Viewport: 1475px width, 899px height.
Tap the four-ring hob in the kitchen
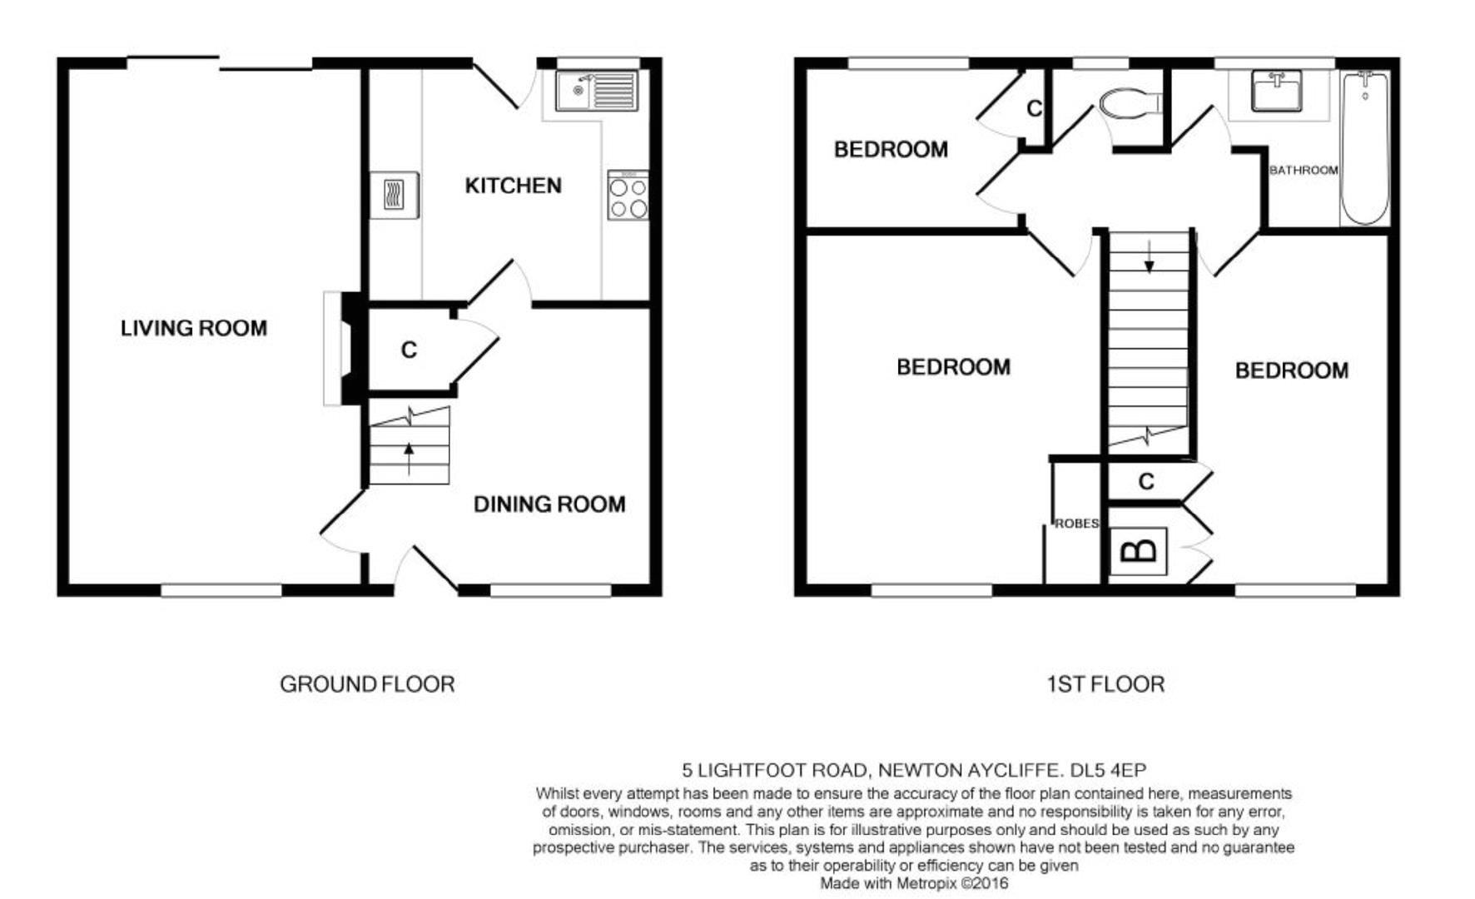(x=628, y=196)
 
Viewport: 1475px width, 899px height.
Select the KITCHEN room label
(x=513, y=186)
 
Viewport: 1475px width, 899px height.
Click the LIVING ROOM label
(x=194, y=328)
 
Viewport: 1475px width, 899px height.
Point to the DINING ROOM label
(x=549, y=504)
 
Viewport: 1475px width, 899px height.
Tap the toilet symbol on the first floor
(x=1128, y=105)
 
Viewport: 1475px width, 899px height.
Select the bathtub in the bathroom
(x=1364, y=148)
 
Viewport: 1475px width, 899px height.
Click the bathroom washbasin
(x=1276, y=91)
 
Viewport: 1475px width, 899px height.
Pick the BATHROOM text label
(x=1303, y=170)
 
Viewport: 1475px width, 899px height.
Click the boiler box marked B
(x=1138, y=550)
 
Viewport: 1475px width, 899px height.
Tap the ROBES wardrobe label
(x=1076, y=524)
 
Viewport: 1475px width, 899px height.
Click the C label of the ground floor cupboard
(x=409, y=350)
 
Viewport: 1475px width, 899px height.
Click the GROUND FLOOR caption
(x=367, y=684)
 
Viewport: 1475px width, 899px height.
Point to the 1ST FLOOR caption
(x=1105, y=684)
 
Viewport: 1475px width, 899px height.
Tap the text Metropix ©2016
(x=952, y=883)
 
